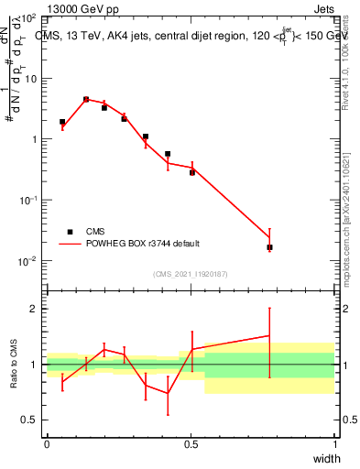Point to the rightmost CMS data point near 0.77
(269, 247)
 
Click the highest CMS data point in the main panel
(86, 99)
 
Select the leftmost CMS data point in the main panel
(62, 122)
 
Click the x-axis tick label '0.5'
(191, 443)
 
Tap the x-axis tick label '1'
(334, 443)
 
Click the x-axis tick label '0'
(47, 443)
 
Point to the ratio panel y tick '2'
(33, 309)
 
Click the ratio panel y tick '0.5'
(29, 420)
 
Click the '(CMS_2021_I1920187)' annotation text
(190, 273)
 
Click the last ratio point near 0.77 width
(269, 336)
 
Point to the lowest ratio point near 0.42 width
(168, 393)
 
